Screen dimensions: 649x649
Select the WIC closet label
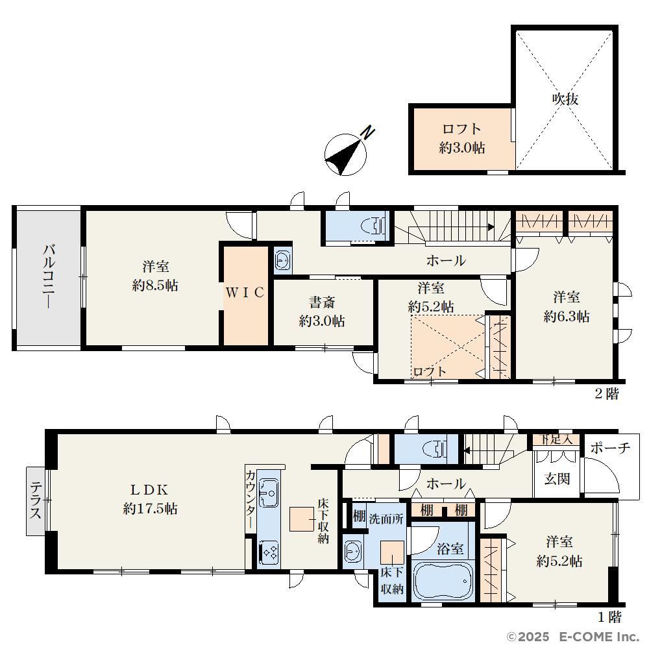tap(245, 293)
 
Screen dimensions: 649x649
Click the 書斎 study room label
tap(322, 302)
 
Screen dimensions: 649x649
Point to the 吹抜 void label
tap(565, 99)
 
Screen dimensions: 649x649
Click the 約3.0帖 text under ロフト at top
tap(462, 148)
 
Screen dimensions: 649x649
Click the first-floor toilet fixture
tap(434, 448)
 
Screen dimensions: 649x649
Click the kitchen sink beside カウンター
tap(269, 493)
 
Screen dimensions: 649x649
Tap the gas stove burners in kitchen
tap(269, 552)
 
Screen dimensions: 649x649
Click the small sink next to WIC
tap(283, 261)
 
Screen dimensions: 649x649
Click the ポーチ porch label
tap(611, 447)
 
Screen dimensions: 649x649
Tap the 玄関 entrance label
tap(557, 478)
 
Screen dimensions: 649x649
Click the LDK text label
tap(149, 490)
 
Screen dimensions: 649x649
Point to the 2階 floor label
tap(607, 394)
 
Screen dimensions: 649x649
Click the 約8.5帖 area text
tap(155, 285)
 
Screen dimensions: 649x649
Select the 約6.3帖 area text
tap(566, 317)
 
